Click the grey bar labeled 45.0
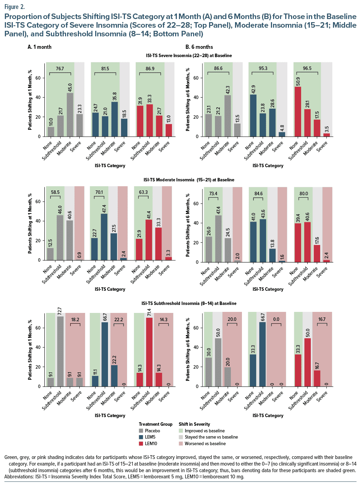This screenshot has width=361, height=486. point(70,115)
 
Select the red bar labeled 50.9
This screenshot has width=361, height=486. point(298,111)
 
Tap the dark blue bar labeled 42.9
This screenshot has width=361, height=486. point(253,115)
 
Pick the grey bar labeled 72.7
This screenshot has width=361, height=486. point(60,351)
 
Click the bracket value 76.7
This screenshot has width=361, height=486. point(60,69)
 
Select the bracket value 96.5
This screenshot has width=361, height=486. point(307,69)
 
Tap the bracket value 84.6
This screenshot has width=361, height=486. point(258,193)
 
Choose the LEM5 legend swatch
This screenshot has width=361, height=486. point(141,437)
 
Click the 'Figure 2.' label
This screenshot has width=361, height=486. point(15,7)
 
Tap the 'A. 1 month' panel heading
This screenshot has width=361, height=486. point(39,47)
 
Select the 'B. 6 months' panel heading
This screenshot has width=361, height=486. point(199,47)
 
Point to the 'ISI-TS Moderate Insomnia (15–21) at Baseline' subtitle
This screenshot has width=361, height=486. point(189,180)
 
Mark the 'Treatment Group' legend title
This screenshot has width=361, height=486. point(155,424)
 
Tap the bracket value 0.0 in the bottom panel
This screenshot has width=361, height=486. point(276,319)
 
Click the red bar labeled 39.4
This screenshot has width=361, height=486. point(298,243)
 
